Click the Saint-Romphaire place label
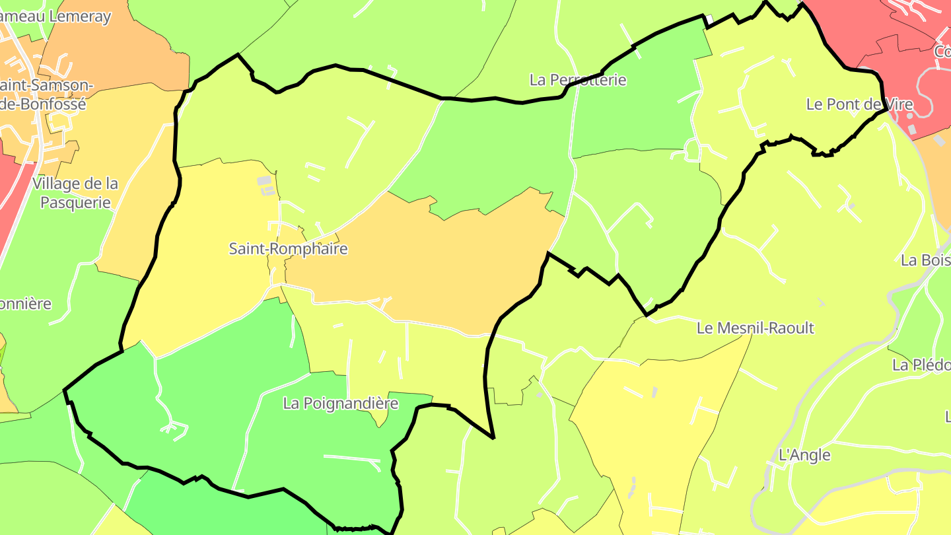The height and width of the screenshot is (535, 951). coord(288,249)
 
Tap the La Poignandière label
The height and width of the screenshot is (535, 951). coord(341,403)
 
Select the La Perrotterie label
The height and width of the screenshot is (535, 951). coord(577,80)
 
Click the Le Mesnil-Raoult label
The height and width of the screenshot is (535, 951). coord(756,328)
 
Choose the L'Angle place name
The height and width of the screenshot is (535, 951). coord(804,455)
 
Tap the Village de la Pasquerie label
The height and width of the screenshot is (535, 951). coord(75,193)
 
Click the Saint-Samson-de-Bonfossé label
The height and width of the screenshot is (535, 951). coord(46,94)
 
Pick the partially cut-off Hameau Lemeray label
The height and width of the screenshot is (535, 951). coord(55,17)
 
